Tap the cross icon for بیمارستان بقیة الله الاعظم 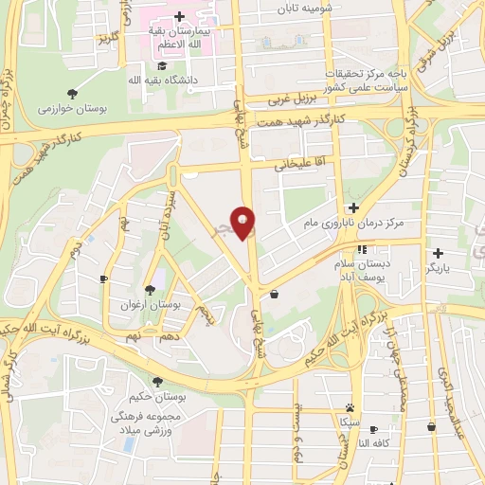(x=180, y=17)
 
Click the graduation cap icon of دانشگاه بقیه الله (x=162, y=65)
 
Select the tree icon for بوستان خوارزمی (x=72, y=93)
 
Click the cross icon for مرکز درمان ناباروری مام (x=353, y=207)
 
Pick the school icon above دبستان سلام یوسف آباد (x=360, y=249)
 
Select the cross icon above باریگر (x=439, y=253)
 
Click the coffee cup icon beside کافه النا (x=373, y=429)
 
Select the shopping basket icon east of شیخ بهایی (x=274, y=294)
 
